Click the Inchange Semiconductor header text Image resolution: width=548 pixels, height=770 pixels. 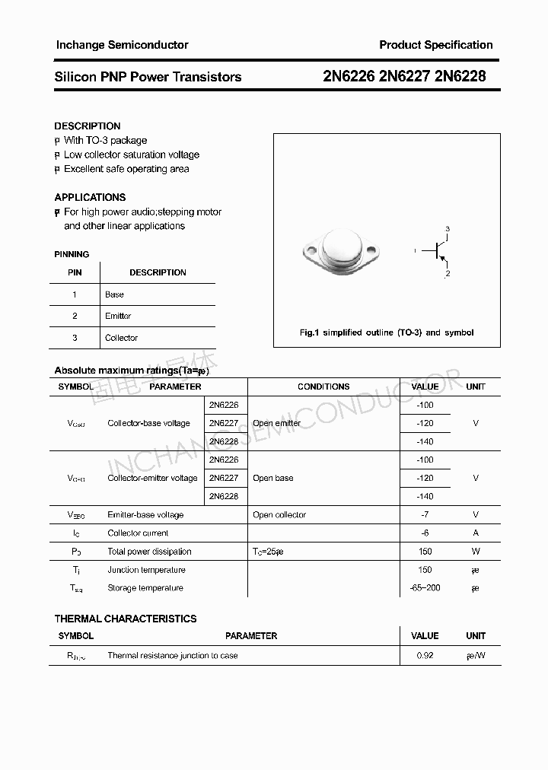coord(122,45)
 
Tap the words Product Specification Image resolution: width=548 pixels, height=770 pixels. coord(435,45)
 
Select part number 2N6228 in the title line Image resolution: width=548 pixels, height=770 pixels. coord(460,76)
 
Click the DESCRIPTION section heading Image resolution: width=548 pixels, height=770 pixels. coord(88,126)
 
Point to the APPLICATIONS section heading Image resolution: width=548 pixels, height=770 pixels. coord(90,197)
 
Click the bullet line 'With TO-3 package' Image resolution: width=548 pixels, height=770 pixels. coord(105,140)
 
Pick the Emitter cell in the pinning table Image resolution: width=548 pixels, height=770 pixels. coord(118,316)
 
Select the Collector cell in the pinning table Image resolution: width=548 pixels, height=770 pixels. coord(121,338)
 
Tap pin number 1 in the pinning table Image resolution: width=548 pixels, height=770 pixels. coord(75,294)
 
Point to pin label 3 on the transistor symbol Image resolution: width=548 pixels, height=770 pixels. coord(448,229)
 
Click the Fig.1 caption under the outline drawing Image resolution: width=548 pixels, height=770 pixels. coord(387,332)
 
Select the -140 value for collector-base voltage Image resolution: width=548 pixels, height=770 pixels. coord(425,441)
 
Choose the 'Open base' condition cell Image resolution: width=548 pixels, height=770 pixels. coord(272,478)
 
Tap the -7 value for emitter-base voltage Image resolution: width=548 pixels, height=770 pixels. coord(425,515)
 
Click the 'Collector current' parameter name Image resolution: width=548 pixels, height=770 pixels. coord(138,533)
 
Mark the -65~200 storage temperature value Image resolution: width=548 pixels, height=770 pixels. coord(425,588)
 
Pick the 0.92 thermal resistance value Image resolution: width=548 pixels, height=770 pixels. coord(425,655)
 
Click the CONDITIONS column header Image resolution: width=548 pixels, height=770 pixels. coord(323,387)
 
